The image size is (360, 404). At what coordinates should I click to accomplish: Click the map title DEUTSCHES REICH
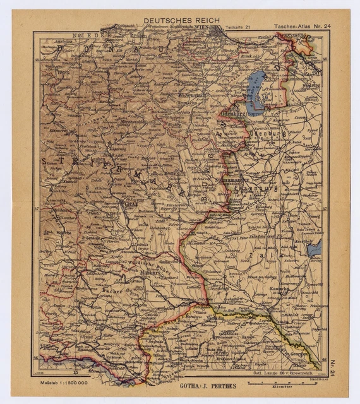[x=181, y=21]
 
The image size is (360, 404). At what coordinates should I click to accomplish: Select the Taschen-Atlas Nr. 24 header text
[x=301, y=27]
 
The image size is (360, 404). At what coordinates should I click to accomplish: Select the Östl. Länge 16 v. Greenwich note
[x=278, y=374]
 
